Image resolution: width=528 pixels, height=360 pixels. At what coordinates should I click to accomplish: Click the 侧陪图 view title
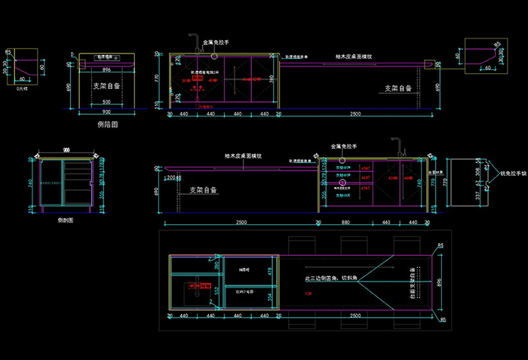pos(108,124)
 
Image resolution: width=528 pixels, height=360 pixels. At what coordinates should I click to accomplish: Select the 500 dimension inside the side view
pos(106,102)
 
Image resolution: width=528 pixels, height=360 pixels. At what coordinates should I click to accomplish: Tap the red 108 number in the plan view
pos(307,293)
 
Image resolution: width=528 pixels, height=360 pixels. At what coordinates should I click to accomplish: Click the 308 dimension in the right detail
pos(487,173)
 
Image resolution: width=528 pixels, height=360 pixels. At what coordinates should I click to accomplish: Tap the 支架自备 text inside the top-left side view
pos(107,86)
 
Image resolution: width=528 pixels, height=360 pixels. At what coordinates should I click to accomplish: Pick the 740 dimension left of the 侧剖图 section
pos(29,183)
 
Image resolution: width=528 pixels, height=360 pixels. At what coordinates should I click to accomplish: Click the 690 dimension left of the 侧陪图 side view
pos(69,88)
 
